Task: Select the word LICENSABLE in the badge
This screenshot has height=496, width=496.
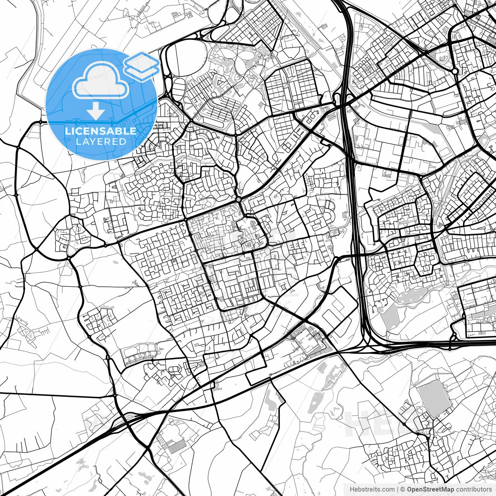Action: point(101,131)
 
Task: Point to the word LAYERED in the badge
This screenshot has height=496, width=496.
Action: point(101,141)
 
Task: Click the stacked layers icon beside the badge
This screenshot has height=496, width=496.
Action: point(142,66)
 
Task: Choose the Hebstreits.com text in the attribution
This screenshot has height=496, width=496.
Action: point(372,489)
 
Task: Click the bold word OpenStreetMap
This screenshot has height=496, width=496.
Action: point(430,489)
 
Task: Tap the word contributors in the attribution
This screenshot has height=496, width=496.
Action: point(474,489)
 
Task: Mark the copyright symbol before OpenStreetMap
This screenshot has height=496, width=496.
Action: point(403,489)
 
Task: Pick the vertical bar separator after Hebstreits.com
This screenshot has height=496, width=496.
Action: point(398,489)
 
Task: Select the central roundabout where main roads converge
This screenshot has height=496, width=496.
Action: point(238,199)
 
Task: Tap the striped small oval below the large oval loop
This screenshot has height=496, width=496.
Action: point(179,89)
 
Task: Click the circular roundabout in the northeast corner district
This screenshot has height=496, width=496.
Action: point(455,71)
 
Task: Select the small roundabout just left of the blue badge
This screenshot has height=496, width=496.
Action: point(40,122)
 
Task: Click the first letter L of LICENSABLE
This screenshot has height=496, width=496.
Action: point(67,131)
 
